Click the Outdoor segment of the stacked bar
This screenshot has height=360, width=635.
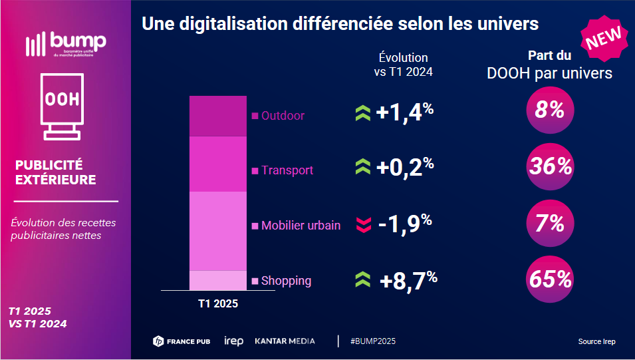point(217,116)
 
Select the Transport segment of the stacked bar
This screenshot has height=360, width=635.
point(217,164)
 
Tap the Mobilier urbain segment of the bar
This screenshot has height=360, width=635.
point(217,231)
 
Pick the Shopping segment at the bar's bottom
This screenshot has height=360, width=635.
point(217,280)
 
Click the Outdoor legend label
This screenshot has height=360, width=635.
point(283,116)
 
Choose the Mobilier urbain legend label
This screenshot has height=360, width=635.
point(301,226)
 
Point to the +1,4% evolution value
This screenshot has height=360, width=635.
point(404,112)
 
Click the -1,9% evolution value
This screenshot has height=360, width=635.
point(405,224)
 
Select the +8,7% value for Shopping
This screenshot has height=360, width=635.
point(408,280)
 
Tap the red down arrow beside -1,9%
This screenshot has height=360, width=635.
point(363,225)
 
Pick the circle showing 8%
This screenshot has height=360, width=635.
point(549,110)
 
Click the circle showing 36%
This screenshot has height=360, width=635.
point(549,166)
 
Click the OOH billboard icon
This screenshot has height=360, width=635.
point(61,105)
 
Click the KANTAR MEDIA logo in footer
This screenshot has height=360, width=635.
point(285,341)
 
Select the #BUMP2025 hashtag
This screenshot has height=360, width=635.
point(372,341)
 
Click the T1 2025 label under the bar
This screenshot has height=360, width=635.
point(217,303)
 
